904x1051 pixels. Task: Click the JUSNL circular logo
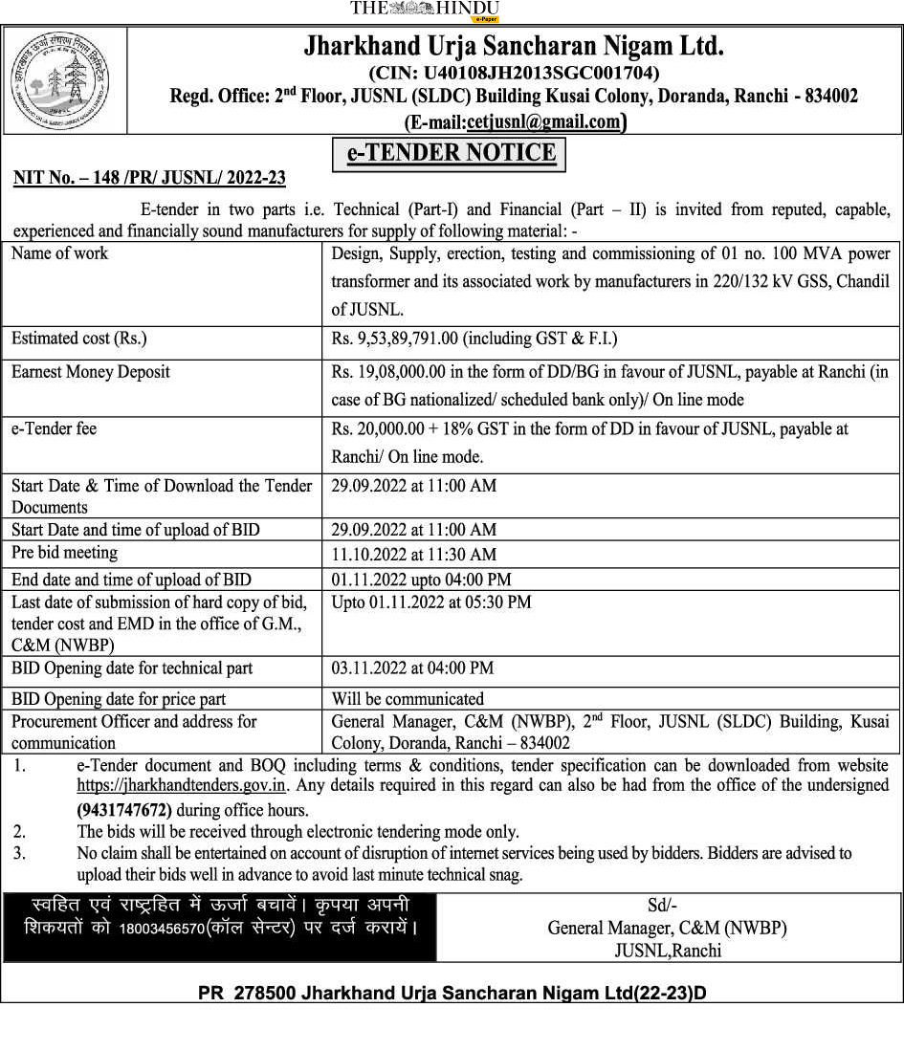point(63,79)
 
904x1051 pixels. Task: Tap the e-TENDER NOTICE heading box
point(450,154)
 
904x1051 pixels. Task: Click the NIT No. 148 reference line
point(149,178)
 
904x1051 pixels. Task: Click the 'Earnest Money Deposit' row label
point(91,372)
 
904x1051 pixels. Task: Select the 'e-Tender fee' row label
point(54,429)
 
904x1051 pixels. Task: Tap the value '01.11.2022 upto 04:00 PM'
point(421,580)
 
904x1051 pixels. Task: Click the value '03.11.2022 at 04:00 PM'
point(412,668)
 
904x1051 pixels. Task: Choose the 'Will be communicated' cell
point(408,699)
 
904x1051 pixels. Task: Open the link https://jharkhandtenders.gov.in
point(182,786)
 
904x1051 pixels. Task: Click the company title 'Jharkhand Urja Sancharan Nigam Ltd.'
point(514,46)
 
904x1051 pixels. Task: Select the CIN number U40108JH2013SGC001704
point(514,73)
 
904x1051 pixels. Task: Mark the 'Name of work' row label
point(59,253)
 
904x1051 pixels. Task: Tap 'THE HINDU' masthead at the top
point(425,9)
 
